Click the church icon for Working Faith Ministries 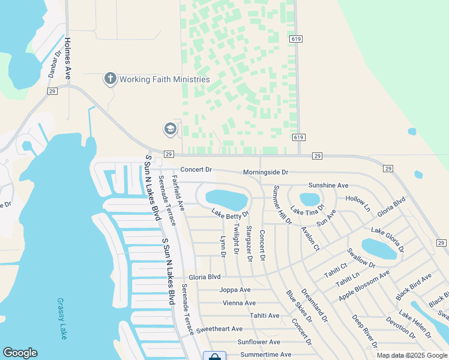pos(110,79)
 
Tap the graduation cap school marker pos(170,129)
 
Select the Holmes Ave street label pos(68,59)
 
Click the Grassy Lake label pos(61,319)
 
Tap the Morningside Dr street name pos(265,172)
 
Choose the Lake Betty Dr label pos(229,213)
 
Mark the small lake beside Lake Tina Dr pos(310,199)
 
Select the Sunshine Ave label pos(328,185)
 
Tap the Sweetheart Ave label pos(219,329)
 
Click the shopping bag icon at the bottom pos(214,356)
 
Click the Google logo pos(20,353)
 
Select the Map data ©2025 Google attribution pos(411,355)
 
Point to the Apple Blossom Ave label pos(364,285)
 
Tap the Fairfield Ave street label pos(178,192)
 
